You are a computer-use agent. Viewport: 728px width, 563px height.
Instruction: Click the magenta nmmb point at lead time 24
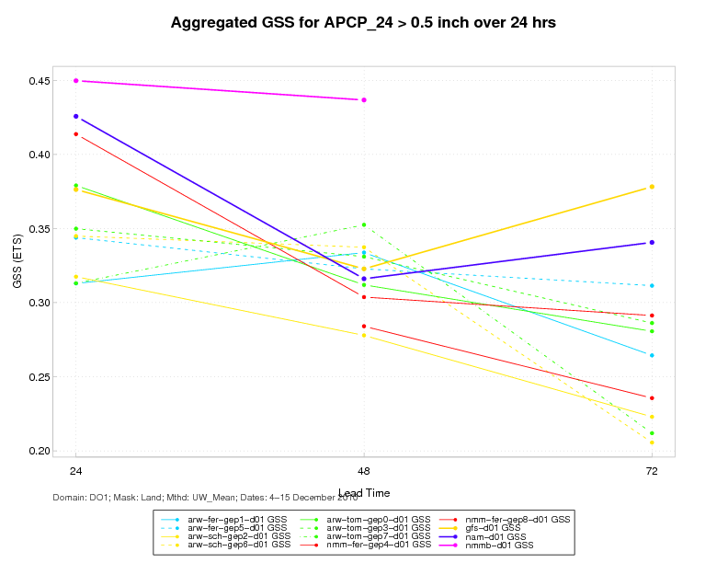76,81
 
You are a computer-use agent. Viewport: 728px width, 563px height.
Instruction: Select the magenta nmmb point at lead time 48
364,100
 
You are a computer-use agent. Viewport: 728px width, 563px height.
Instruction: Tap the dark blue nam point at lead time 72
652,243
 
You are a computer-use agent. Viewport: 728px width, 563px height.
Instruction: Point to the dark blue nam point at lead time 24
76,117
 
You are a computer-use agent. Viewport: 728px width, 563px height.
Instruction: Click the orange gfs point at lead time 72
652,187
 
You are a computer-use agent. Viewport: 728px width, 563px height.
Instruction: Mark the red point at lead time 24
76,134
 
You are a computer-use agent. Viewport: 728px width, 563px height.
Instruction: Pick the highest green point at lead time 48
364,224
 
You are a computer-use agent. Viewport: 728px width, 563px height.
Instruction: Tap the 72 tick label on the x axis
652,471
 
